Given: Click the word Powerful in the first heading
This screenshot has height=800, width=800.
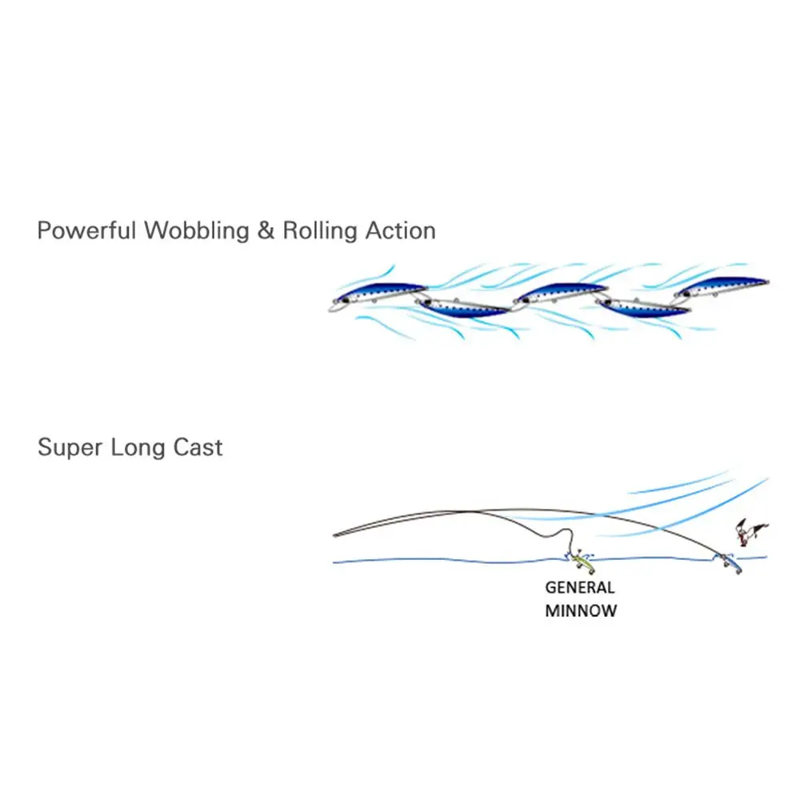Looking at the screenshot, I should pyautogui.click(x=86, y=231).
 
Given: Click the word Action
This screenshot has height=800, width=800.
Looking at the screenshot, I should pyautogui.click(x=400, y=231).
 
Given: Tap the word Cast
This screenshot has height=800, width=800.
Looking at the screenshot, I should pyautogui.click(x=198, y=447).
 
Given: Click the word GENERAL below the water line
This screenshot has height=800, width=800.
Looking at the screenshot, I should pyautogui.click(x=580, y=587).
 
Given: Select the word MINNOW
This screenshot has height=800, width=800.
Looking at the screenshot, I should pyautogui.click(x=581, y=611).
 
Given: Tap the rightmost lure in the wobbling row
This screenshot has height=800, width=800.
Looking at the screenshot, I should pyautogui.click(x=722, y=286).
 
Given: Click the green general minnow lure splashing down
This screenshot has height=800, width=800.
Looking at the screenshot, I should pyautogui.click(x=582, y=562).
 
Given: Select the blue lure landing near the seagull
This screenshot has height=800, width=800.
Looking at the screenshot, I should pyautogui.click(x=730, y=562).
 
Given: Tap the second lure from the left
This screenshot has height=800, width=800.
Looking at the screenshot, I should pyautogui.click(x=465, y=307).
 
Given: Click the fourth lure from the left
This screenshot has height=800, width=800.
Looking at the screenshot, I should pyautogui.click(x=645, y=307).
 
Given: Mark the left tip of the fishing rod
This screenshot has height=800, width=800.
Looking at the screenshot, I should pyautogui.click(x=334, y=535).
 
